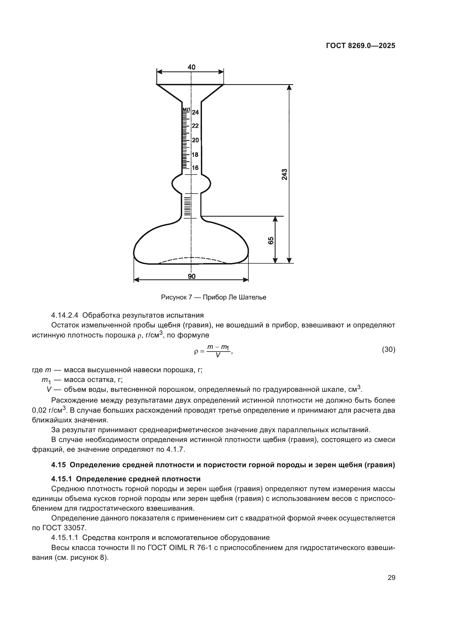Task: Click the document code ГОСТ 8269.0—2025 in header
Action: (361, 46)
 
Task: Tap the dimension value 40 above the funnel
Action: (191, 67)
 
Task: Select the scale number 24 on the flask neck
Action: (195, 112)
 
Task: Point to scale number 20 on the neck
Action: (195, 140)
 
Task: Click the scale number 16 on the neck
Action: (195, 168)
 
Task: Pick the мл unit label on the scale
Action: (186, 109)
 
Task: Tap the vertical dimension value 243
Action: (284, 174)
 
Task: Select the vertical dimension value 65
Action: (271, 240)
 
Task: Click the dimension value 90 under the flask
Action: (191, 276)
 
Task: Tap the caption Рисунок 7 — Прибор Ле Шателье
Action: (213, 297)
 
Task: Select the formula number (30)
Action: (388, 350)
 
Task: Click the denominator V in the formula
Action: (218, 356)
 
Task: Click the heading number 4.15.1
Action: (61, 479)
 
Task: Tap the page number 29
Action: (391, 578)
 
